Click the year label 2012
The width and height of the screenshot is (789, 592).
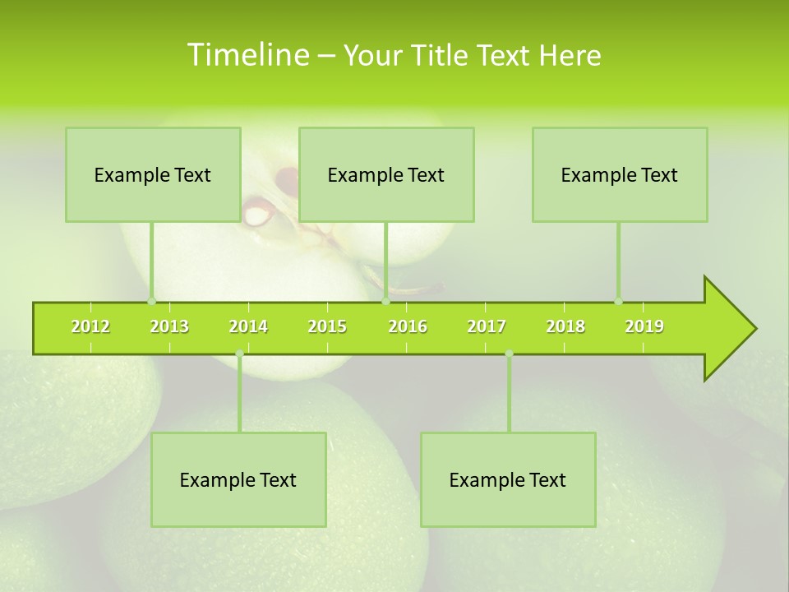[x=90, y=326]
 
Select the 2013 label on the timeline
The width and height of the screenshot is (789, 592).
[x=169, y=326]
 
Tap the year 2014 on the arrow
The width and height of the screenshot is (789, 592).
[x=248, y=326]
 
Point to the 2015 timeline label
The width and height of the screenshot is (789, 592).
[x=327, y=326]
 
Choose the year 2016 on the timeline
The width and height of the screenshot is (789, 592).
[x=408, y=326]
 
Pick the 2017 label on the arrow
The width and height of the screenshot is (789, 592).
[x=487, y=326]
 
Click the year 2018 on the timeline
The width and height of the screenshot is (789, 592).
[x=565, y=326]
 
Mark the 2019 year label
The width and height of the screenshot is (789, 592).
[x=644, y=326]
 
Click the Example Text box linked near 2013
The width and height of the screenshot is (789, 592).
[x=153, y=174]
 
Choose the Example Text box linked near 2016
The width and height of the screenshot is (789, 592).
[x=386, y=174]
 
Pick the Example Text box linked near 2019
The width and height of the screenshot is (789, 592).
[x=620, y=174]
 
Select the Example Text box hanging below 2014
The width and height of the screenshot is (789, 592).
[x=238, y=479]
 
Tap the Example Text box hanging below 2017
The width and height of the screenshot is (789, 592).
[x=508, y=479]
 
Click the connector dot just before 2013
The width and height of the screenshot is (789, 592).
[x=151, y=301]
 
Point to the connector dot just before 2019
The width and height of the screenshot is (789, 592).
[x=618, y=301]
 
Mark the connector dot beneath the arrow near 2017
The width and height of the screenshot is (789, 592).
[x=509, y=354]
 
